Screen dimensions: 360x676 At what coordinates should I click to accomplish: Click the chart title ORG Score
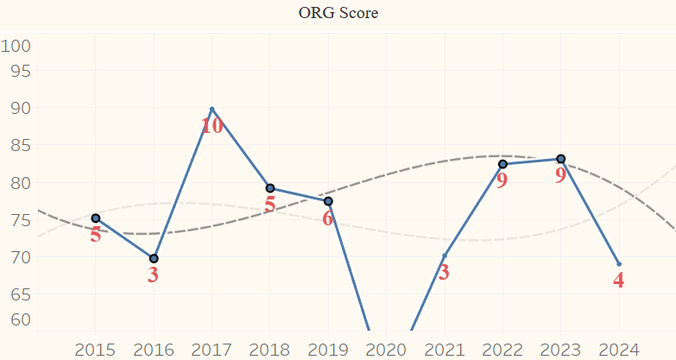click(x=338, y=13)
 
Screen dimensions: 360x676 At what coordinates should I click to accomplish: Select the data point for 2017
click(x=212, y=109)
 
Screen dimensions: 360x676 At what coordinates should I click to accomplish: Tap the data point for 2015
click(x=96, y=218)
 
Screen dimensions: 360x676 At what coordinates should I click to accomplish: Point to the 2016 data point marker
click(x=154, y=258)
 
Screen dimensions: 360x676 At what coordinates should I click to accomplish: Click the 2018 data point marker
click(x=270, y=188)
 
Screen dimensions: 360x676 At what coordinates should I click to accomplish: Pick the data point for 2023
click(x=560, y=159)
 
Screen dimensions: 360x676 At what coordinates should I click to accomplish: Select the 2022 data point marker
click(x=502, y=164)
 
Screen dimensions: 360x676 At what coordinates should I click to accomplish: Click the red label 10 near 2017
click(x=212, y=126)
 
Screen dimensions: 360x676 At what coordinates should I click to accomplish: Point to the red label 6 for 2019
click(x=328, y=218)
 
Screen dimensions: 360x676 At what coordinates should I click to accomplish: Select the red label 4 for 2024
click(x=619, y=281)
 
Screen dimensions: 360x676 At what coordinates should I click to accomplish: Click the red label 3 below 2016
click(x=154, y=276)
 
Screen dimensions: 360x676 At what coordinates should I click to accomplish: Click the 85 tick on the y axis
click(x=20, y=146)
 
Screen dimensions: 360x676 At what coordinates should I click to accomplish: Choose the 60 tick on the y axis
click(x=20, y=319)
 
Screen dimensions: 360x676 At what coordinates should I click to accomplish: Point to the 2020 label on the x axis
click(x=386, y=350)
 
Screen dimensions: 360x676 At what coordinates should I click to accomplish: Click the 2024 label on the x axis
click(x=618, y=350)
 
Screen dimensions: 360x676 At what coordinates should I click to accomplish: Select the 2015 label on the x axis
click(x=95, y=350)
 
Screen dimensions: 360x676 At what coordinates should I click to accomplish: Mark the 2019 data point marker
click(x=328, y=201)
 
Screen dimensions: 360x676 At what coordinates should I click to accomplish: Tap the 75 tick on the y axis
click(x=20, y=220)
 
